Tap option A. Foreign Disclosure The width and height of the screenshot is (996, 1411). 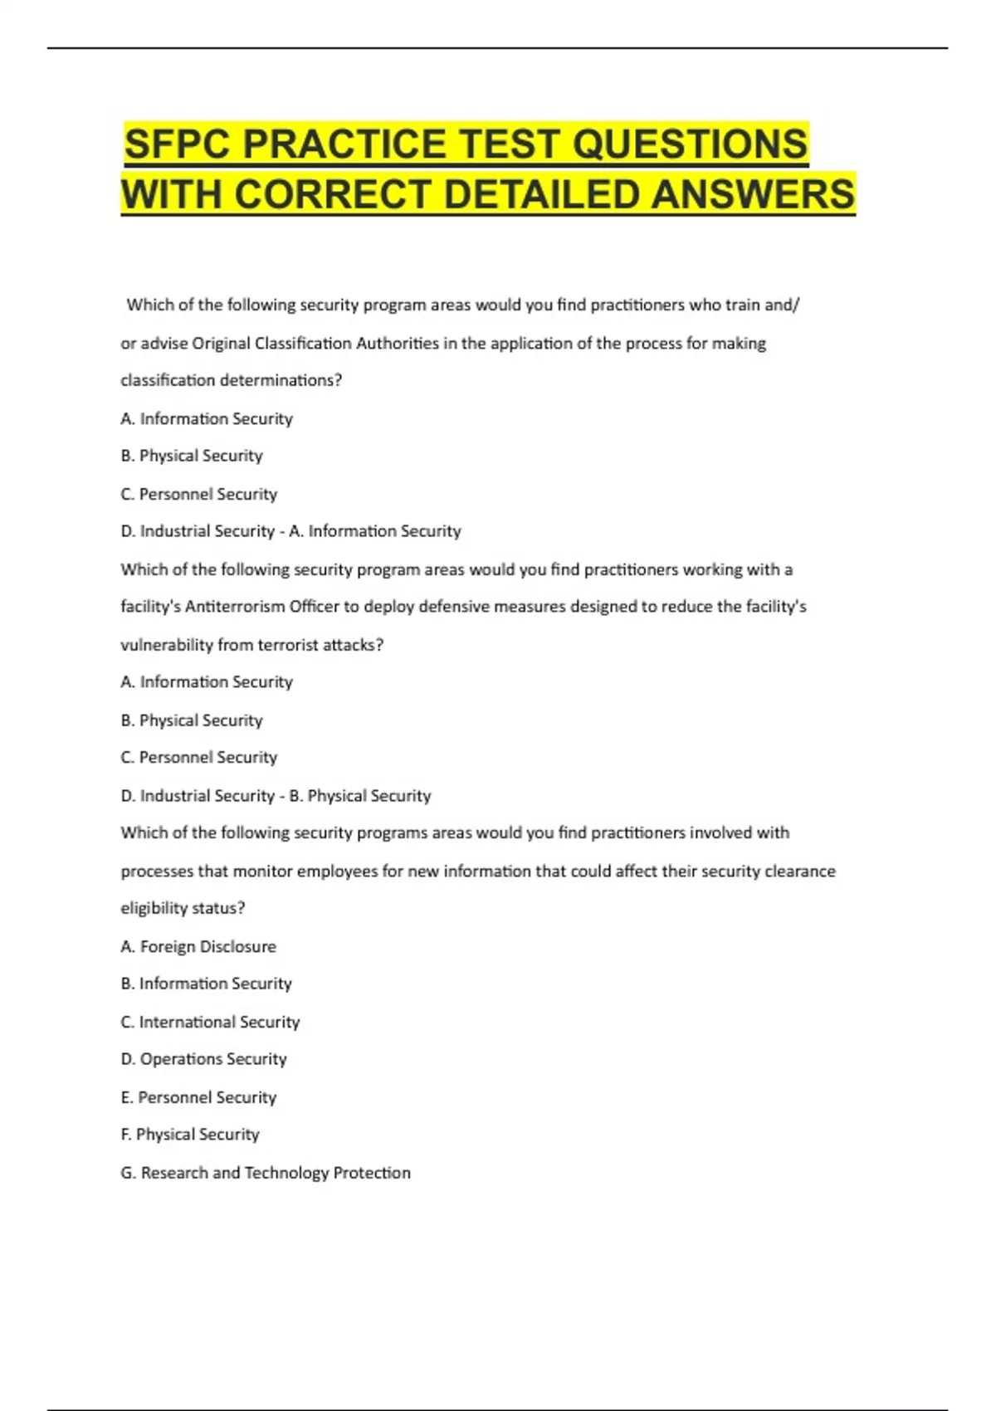pos(198,946)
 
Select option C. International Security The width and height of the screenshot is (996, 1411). pos(210,1022)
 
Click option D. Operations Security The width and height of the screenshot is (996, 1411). pos(203,1059)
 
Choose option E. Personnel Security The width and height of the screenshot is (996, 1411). pos(198,1097)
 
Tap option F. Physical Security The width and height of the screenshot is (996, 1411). pos(190,1135)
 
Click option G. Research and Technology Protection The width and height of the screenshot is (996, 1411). pos(266,1173)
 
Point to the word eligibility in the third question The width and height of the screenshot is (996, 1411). pos(154,908)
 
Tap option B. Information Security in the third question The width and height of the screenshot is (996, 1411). pos(206,984)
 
